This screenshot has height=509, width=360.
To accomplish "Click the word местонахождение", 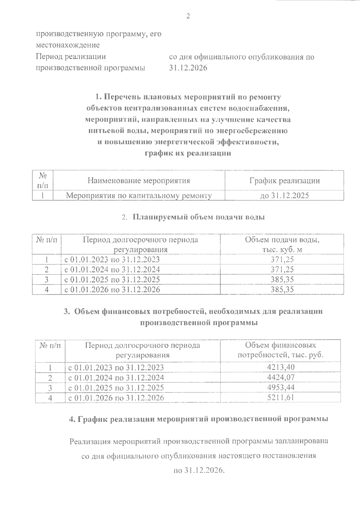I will point(67,45).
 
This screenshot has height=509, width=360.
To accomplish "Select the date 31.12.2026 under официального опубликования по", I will point(188,68).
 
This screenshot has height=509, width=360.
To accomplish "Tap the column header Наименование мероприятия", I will point(139,181).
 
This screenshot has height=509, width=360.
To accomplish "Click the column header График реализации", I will point(284,181).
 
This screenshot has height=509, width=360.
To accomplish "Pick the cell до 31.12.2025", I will point(284,196).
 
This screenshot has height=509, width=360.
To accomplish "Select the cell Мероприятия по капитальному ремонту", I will point(139,196).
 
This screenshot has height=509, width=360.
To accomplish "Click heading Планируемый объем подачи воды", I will point(198,217).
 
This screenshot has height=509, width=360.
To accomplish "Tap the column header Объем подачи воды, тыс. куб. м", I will point(282,245).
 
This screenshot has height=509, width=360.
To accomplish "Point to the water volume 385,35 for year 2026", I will point(282,289).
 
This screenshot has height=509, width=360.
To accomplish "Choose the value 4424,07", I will point(281,377).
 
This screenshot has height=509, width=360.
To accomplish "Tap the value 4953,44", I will point(281,387).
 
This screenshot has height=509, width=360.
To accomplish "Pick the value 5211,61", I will point(281,397).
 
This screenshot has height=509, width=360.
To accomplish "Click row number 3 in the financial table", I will point(50,387).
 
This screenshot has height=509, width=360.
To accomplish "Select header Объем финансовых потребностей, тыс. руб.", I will point(280,350).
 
